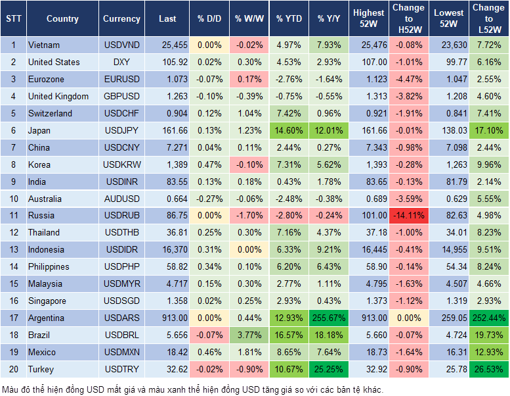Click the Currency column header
tap(121, 19)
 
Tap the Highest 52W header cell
tap(368, 18)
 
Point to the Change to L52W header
tap(488, 18)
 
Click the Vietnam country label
tap(44, 45)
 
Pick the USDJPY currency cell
tap(121, 130)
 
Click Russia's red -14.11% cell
tap(410, 215)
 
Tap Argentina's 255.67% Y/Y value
tap(329, 318)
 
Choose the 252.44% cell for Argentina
tap(488, 318)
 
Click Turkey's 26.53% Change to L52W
tap(488, 369)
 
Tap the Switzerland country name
tap(50, 113)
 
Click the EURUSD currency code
tap(121, 79)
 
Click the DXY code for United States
tap(121, 62)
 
